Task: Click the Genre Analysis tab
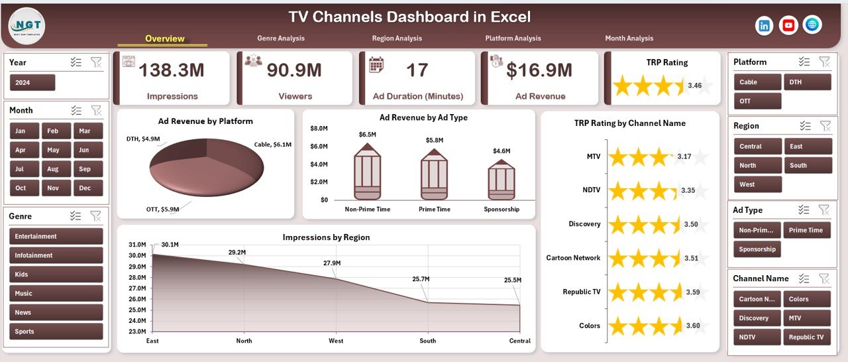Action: (x=281, y=38)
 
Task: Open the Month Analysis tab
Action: (x=629, y=38)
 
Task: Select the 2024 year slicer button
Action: (x=32, y=83)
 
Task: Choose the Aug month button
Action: (x=52, y=169)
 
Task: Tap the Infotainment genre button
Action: (x=56, y=255)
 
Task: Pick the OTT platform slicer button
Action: (x=757, y=101)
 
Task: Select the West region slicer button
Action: (x=757, y=184)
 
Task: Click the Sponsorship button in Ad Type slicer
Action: (x=757, y=249)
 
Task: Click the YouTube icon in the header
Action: (x=788, y=25)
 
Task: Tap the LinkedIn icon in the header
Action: (x=765, y=25)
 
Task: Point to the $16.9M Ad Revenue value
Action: (x=539, y=70)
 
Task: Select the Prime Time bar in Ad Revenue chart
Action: (x=434, y=175)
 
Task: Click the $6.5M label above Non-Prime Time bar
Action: (x=367, y=135)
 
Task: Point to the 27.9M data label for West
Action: (x=332, y=263)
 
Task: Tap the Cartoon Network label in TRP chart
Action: (x=573, y=258)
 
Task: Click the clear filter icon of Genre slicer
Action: (x=96, y=216)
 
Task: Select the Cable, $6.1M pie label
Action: (x=272, y=144)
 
